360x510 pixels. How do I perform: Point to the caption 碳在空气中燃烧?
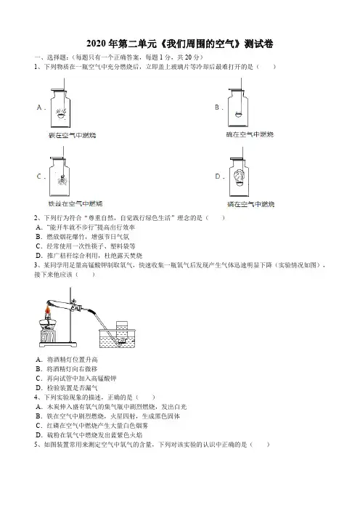coord(72,135)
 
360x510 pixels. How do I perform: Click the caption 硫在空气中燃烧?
coord(250,134)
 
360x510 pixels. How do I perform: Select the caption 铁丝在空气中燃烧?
coord(75,203)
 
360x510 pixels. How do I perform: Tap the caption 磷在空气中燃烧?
coord(251,204)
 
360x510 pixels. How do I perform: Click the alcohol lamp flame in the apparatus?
coord(48,311)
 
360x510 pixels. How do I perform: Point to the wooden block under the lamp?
coord(47,336)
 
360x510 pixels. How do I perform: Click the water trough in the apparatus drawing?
coord(117,339)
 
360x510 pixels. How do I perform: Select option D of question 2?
coord(89,256)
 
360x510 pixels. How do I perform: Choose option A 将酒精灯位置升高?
coord(67,360)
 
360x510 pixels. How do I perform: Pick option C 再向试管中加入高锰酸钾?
coord(76,379)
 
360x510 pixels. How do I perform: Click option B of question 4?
coord(107,416)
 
